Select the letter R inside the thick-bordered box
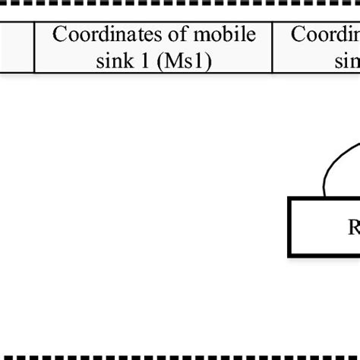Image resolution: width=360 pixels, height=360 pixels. pyautogui.click(x=353, y=228)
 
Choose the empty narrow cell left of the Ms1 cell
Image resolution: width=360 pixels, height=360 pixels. pyautogui.click(x=17, y=47)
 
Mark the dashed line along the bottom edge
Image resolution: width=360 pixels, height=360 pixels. pyautogui.click(x=180, y=355)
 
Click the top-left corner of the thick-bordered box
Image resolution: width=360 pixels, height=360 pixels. pyautogui.click(x=289, y=199)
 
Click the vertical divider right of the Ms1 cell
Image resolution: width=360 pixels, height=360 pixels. pyautogui.click(x=272, y=47)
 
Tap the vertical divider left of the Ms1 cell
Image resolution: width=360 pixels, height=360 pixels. pyautogui.click(x=34, y=47)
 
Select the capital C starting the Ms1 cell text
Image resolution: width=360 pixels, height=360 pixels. pyautogui.click(x=58, y=36)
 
